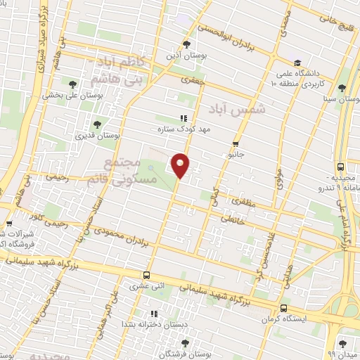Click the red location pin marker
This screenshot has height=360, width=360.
[x=181, y=165]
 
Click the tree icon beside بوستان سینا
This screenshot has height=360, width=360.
[x=341, y=88]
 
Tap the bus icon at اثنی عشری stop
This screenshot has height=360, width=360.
[x=146, y=275]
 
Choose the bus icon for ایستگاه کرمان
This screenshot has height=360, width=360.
[x=283, y=308]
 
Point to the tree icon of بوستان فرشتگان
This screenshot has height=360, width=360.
[x=185, y=342]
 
